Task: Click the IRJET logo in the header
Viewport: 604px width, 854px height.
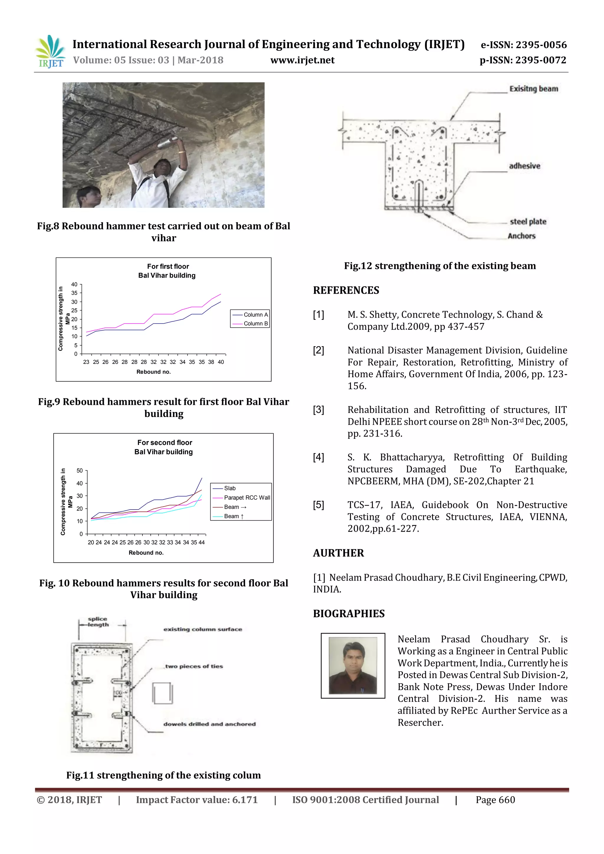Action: click(50, 51)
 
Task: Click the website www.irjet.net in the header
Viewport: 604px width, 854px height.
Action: click(302, 60)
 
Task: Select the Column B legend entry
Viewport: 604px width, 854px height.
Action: click(255, 323)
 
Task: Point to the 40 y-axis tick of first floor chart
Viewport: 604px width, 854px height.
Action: click(74, 285)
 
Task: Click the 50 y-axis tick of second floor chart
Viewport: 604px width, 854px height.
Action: click(80, 471)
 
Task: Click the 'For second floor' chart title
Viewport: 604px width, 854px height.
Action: click(164, 443)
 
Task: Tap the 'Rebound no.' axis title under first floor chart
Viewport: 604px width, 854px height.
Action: click(153, 372)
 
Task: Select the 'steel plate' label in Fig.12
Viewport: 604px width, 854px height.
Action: click(528, 222)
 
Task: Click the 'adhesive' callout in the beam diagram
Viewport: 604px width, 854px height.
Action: click(524, 166)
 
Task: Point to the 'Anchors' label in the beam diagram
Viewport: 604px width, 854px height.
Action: click(521, 236)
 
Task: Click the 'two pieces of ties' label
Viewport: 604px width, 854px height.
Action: click(194, 666)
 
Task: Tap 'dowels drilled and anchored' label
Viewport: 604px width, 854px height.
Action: click(209, 724)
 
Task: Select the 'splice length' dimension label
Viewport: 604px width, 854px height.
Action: click(97, 622)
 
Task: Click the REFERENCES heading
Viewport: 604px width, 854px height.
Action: click(346, 290)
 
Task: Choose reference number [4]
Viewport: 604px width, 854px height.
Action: click(318, 457)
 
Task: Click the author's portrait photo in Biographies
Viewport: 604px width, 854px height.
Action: click(353, 666)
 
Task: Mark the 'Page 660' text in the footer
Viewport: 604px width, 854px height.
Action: click(495, 800)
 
